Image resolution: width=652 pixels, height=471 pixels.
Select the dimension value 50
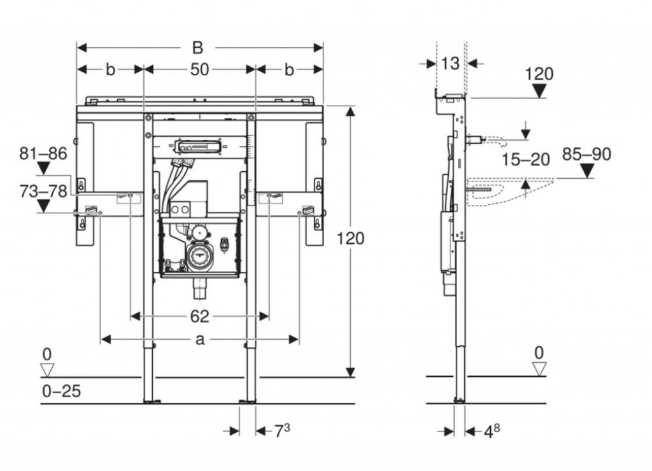pos(199,69)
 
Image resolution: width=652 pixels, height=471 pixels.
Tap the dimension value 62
pos(199,316)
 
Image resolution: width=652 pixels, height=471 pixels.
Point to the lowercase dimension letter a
pos(200,340)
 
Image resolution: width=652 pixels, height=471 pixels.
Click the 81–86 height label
pos(43,153)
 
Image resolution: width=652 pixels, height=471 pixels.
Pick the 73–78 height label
pos(43,191)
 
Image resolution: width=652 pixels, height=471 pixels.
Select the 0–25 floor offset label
pos(61,391)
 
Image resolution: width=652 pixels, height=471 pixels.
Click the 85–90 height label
pos(586,154)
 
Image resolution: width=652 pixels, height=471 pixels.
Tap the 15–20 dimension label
pos(525,159)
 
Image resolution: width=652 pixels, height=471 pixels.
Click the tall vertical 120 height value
pos(350,238)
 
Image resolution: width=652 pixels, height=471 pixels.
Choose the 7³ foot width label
pos(281,432)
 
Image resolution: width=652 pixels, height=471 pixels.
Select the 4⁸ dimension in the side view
pos(492,432)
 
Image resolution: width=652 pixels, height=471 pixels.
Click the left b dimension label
pos(110,69)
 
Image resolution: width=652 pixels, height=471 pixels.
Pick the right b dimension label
pos(289,69)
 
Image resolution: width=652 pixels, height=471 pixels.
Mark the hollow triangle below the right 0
pos(539,369)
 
